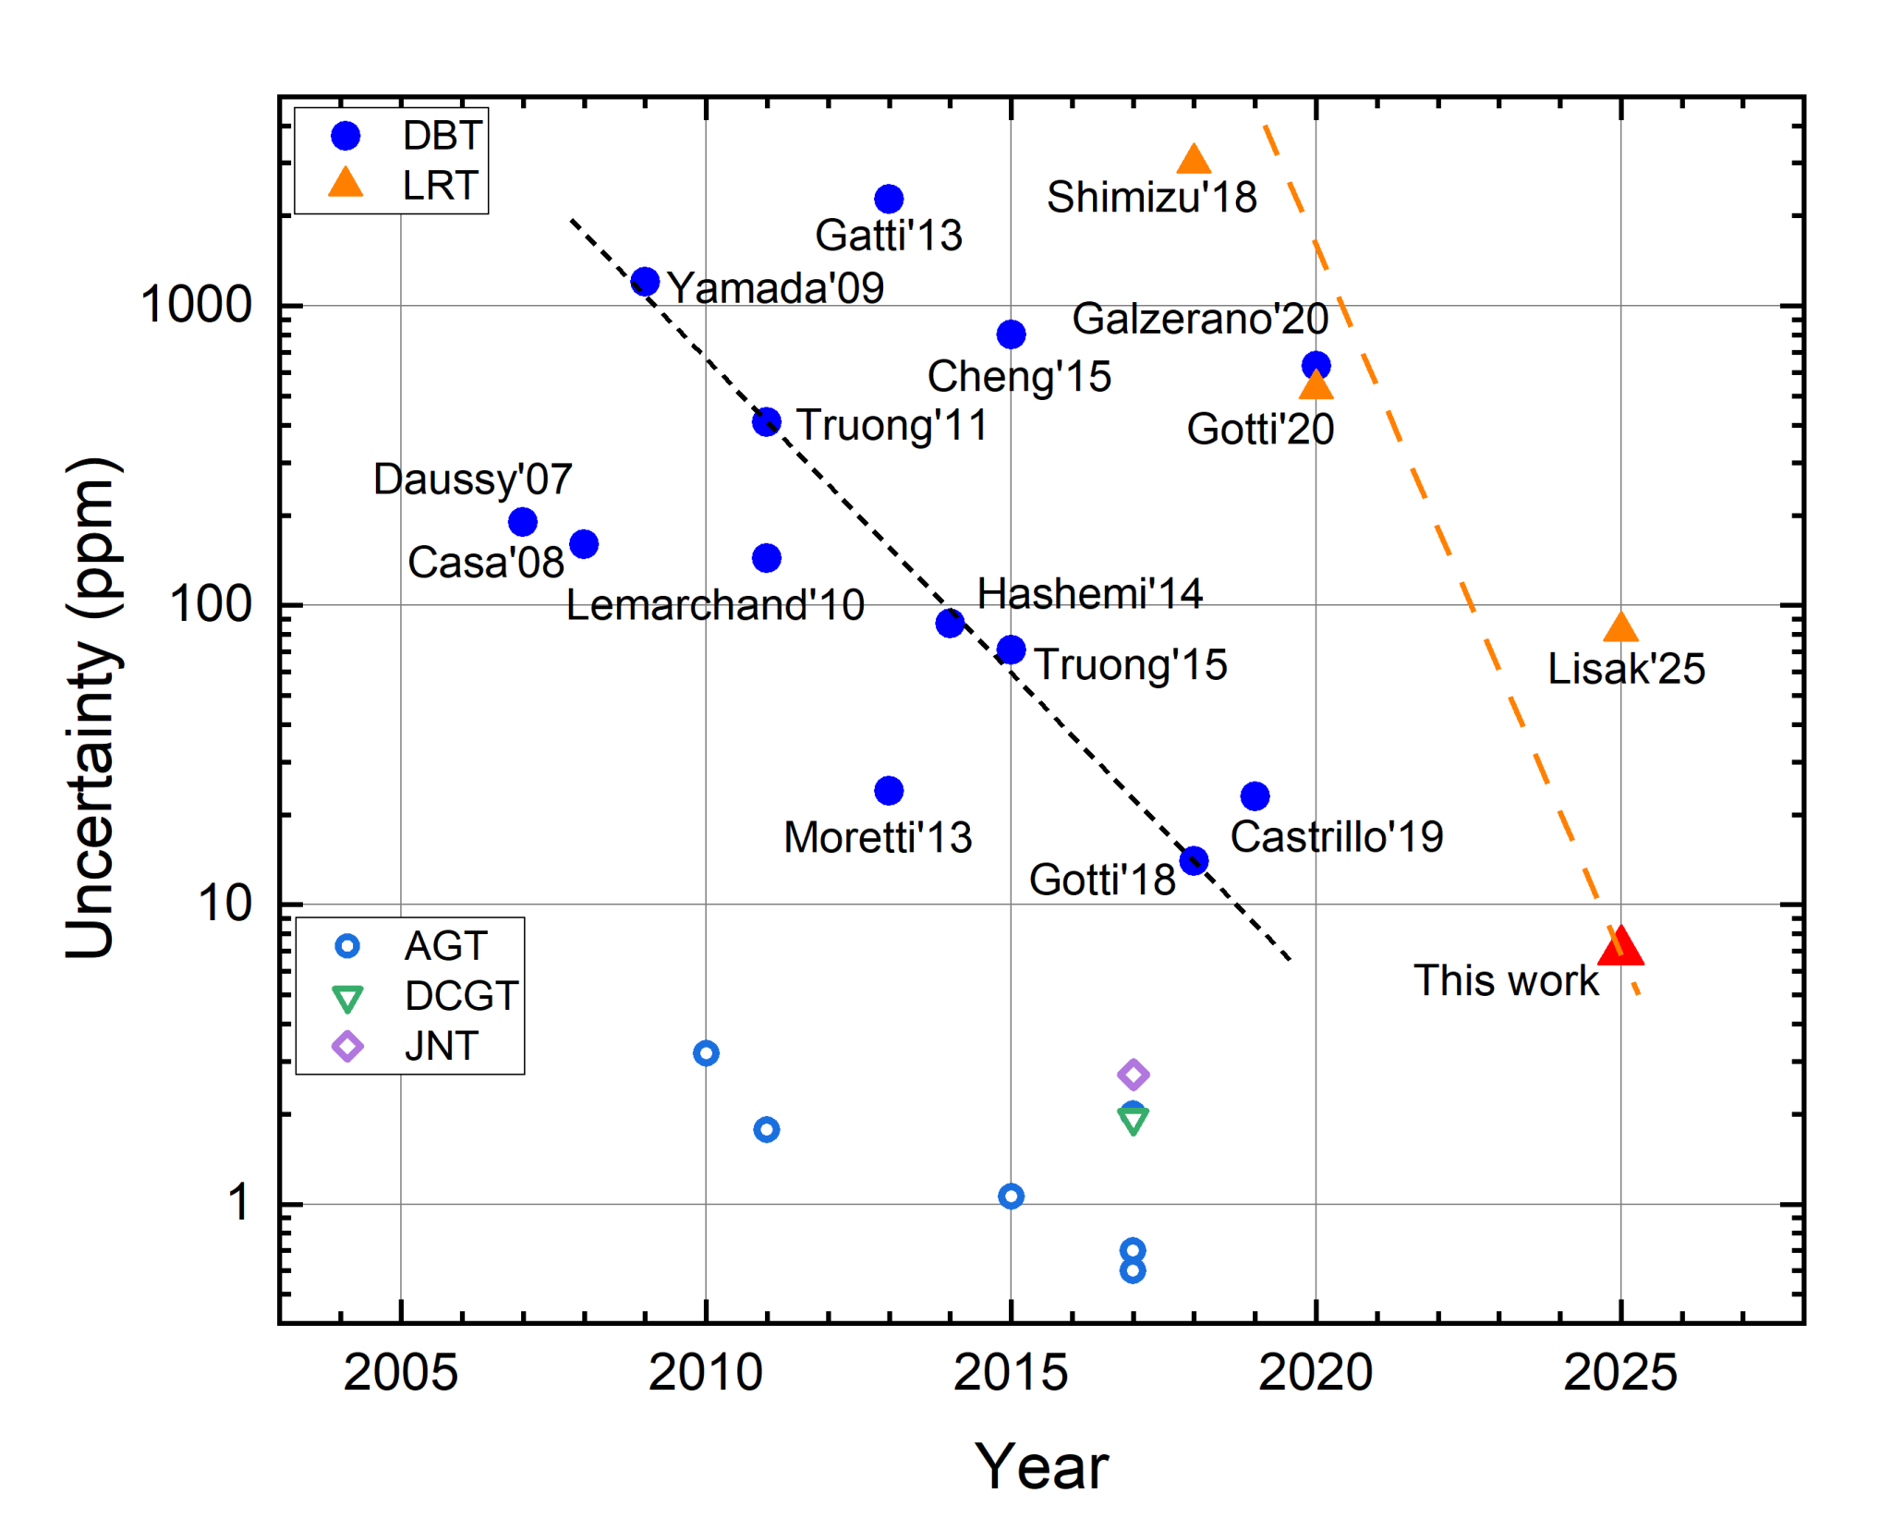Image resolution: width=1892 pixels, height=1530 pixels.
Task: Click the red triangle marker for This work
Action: [1619, 947]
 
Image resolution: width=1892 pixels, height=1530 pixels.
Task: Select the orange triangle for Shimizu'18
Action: [1194, 161]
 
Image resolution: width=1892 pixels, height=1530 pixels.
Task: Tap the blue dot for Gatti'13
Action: [888, 199]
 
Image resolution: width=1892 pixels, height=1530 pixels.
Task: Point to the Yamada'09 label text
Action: [775, 288]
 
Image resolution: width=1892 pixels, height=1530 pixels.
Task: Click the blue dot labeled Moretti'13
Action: [888, 790]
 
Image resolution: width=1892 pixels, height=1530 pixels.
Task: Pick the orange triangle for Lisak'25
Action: [1619, 628]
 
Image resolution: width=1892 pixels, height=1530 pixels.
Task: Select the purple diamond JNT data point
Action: [1133, 1074]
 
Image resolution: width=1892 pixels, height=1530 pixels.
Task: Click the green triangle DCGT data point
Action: [1133, 1121]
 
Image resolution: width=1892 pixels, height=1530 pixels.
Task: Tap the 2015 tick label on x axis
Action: [1010, 1372]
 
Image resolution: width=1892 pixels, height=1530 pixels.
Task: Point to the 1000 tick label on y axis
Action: [196, 304]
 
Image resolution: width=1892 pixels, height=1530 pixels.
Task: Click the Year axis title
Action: [1041, 1466]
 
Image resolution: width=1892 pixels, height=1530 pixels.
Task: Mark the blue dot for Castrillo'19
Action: [1254, 795]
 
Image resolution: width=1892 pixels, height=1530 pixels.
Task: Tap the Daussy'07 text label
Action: [472, 480]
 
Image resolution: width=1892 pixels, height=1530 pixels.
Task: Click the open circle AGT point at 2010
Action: [706, 1052]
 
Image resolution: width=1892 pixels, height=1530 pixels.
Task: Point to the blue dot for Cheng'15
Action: [1011, 334]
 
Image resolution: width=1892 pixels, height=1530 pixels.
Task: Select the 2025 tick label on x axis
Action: [1619, 1372]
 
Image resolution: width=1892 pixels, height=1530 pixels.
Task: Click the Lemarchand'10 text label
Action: [715, 606]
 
